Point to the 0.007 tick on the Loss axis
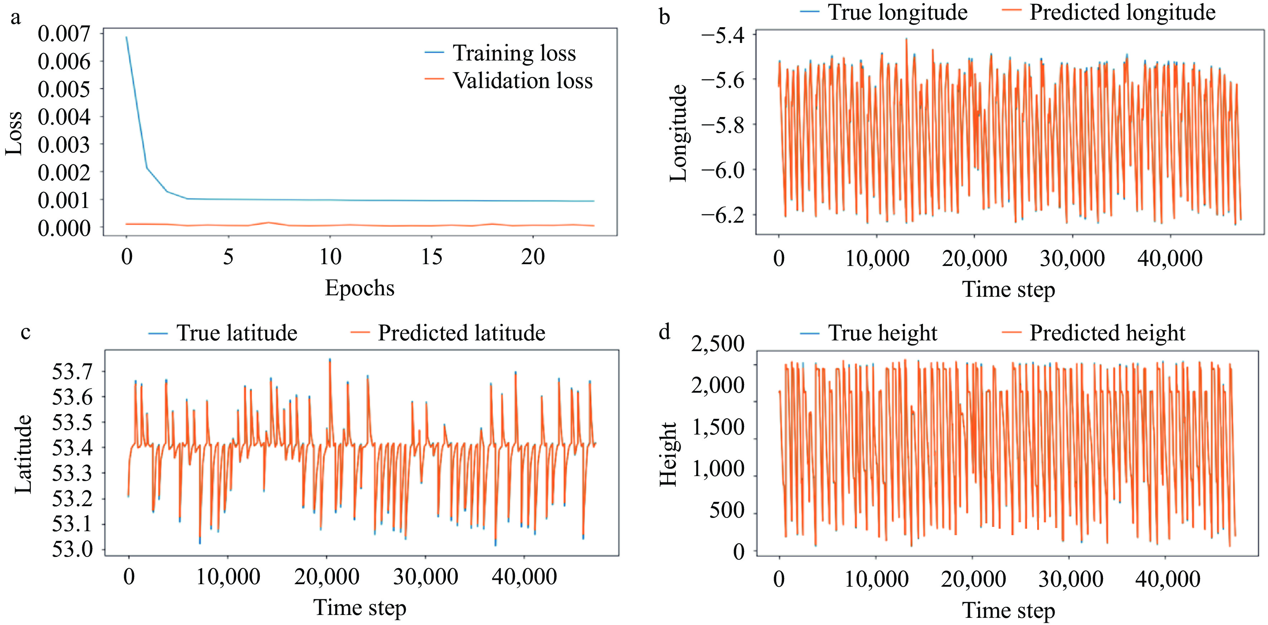(x=64, y=34)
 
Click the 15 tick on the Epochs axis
(x=432, y=257)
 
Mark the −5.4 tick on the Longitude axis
(x=722, y=35)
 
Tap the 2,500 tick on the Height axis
(x=717, y=344)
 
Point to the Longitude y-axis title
(x=678, y=133)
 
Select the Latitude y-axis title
(x=23, y=453)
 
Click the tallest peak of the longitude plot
(x=906, y=38)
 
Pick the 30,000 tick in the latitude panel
(x=425, y=577)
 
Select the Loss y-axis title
(x=14, y=133)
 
